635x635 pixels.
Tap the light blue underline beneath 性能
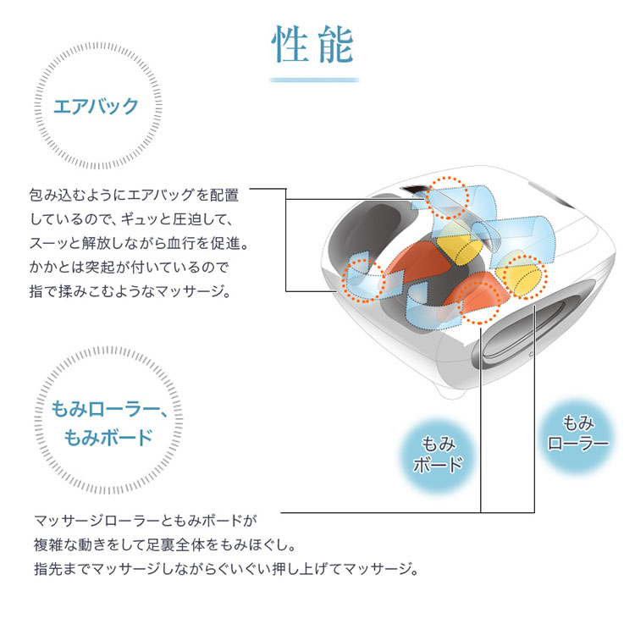[314, 80]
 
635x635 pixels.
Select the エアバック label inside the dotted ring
[96, 106]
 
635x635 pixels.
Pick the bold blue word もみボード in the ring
[108, 437]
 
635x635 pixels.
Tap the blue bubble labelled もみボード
[438, 455]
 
